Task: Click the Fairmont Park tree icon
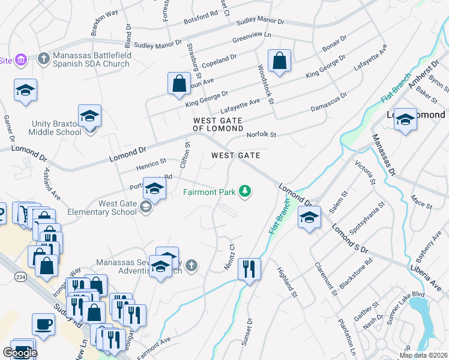(x=245, y=191)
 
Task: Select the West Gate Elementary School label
(x=109, y=208)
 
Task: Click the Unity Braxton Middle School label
(x=56, y=128)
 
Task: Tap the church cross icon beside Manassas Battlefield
(x=43, y=58)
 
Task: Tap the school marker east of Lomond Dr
(x=309, y=217)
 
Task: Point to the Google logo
(x=20, y=353)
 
